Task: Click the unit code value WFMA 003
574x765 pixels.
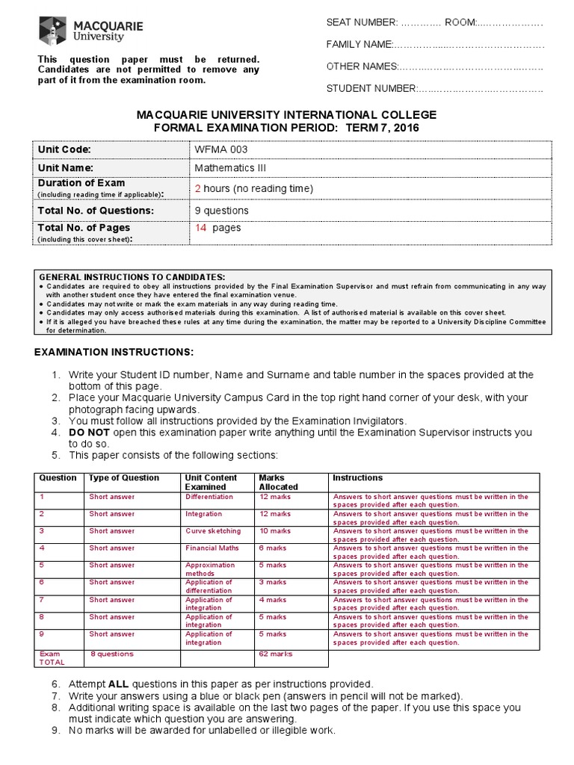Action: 221,149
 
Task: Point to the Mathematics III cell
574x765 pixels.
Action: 230,168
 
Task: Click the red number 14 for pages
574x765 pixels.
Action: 200,228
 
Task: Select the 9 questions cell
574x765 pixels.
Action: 221,211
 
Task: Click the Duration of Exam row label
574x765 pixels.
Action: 81,183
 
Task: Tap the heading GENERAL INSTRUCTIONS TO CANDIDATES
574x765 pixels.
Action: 131,276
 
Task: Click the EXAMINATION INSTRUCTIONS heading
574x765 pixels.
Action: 114,352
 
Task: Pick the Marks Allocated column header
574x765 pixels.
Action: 278,482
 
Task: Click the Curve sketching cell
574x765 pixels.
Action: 213,531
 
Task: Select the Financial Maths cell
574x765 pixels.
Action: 212,548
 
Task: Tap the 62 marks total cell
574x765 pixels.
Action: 276,654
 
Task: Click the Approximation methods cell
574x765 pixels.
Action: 210,569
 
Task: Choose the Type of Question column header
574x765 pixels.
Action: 123,478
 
